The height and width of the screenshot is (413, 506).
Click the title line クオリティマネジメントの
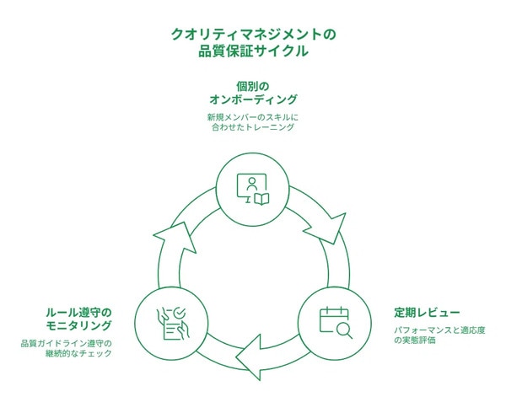point(253,35)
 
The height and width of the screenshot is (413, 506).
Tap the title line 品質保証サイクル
point(253,51)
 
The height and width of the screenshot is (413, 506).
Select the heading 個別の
point(253,87)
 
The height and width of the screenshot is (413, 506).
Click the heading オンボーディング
point(253,99)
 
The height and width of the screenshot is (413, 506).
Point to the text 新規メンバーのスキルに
point(253,116)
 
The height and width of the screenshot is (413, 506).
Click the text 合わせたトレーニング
point(253,127)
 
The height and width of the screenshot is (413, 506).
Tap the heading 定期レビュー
point(427,313)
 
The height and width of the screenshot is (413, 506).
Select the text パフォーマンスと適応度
point(439,330)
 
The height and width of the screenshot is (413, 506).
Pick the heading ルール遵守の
point(78,313)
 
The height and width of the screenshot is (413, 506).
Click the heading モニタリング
point(78,325)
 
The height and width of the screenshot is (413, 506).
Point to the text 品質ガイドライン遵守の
point(66,343)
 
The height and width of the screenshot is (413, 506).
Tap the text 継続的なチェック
point(78,353)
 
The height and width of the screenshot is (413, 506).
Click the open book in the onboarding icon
point(261,199)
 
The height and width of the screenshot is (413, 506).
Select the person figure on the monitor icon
point(251,184)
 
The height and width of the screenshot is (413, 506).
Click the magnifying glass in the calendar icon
point(344,330)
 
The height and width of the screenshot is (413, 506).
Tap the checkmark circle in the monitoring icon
point(179,313)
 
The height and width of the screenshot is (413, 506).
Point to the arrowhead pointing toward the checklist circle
point(249,357)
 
